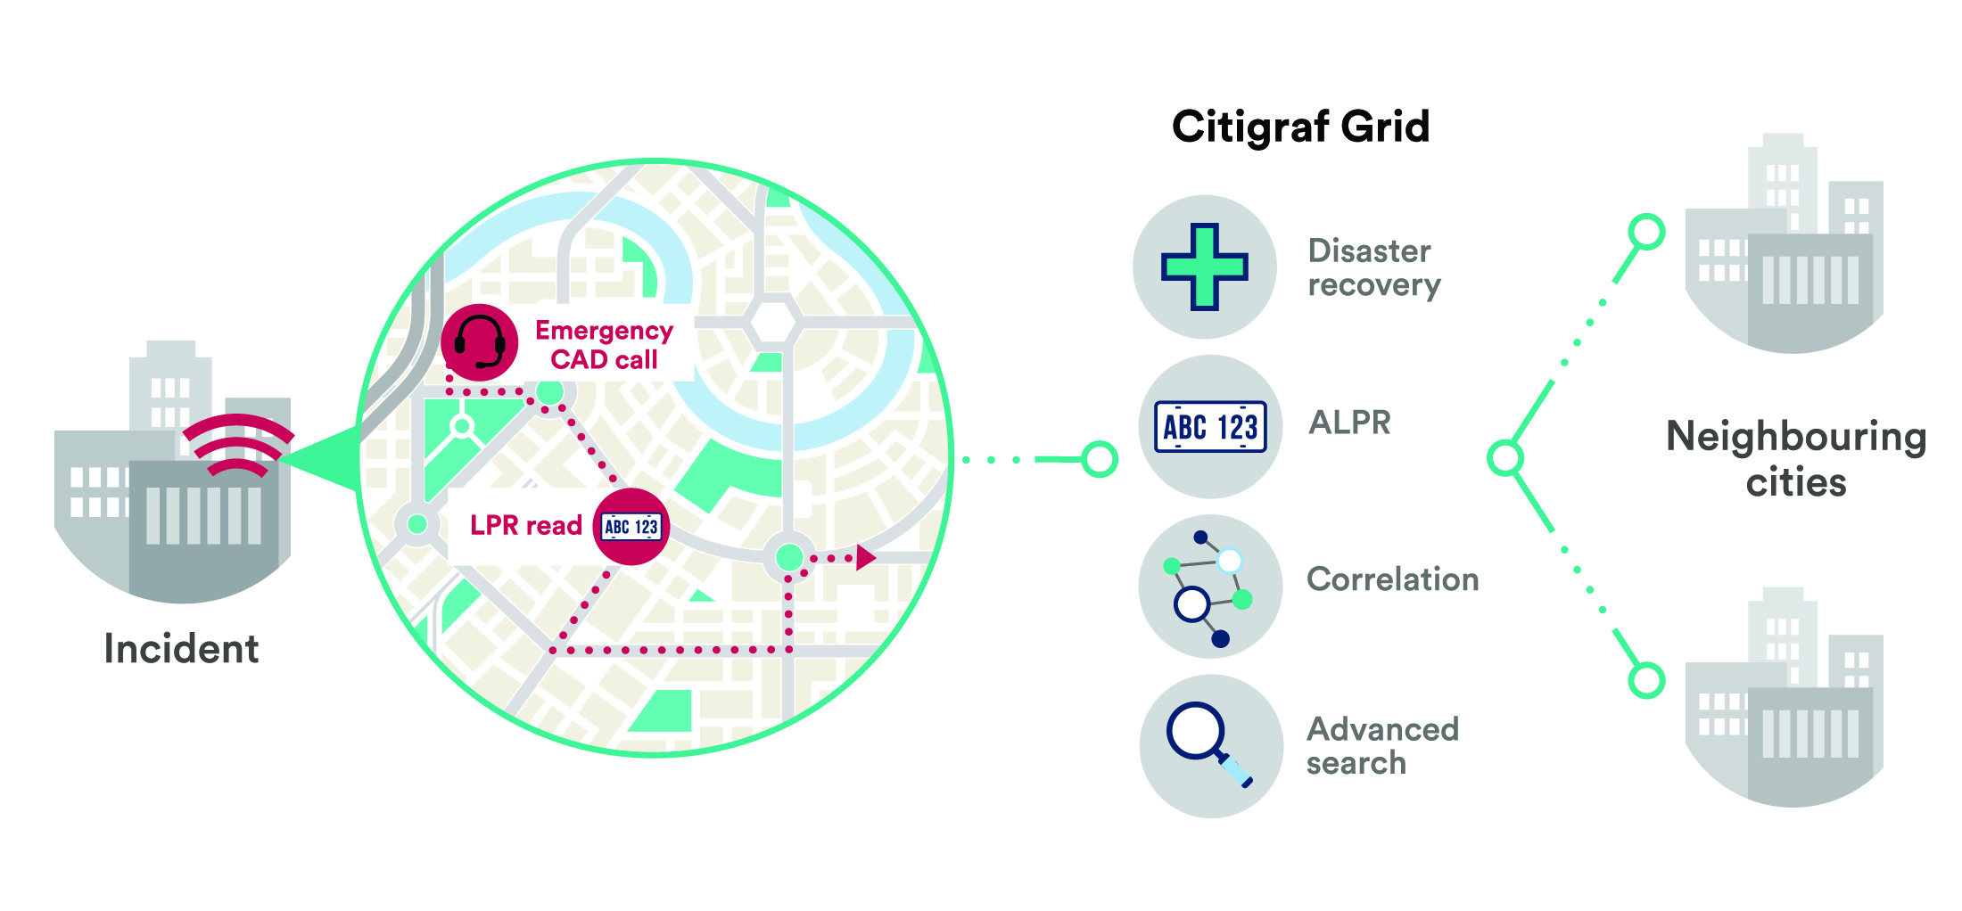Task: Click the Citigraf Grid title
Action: tap(1300, 127)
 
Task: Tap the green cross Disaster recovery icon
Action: tap(1204, 267)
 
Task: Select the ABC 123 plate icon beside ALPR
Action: tap(1210, 427)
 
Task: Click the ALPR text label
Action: tap(1349, 423)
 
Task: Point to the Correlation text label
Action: tap(1392, 579)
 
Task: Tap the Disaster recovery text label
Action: tap(1373, 267)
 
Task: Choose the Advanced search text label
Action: tap(1382, 745)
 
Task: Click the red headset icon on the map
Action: tap(479, 343)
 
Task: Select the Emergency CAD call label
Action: tap(604, 345)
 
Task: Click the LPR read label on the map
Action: tap(525, 526)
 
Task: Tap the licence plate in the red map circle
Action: tap(631, 527)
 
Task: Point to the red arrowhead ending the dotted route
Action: tap(865, 558)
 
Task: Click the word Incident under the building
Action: tap(181, 649)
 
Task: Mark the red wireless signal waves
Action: tap(236, 444)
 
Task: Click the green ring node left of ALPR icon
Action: tap(1100, 459)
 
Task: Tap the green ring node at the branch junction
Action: tap(1505, 458)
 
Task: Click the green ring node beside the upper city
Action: tap(1646, 232)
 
